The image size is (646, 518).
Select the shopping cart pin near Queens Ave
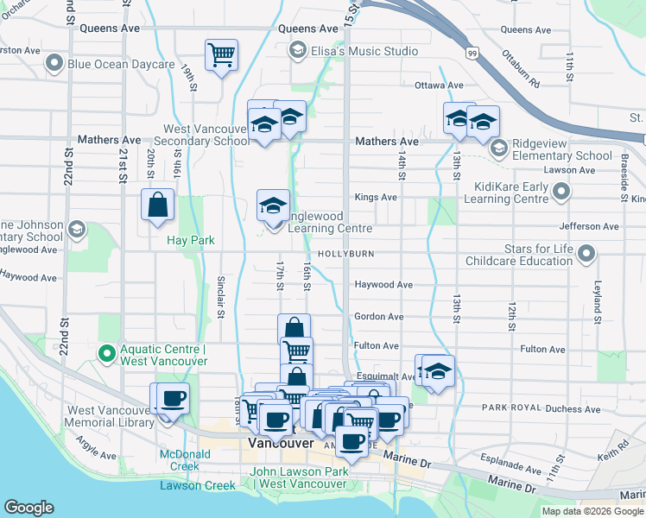(x=222, y=56)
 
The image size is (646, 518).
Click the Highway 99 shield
(x=472, y=54)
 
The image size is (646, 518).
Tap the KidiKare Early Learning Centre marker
(x=562, y=193)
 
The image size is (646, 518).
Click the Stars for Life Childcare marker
(x=586, y=254)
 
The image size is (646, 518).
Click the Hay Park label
(x=191, y=241)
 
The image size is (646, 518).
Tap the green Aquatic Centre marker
(x=107, y=353)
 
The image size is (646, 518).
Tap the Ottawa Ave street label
(x=439, y=85)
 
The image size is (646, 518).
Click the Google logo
(x=28, y=508)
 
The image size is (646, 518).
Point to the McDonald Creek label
(x=178, y=460)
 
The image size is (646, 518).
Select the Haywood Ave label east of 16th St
(x=383, y=284)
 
